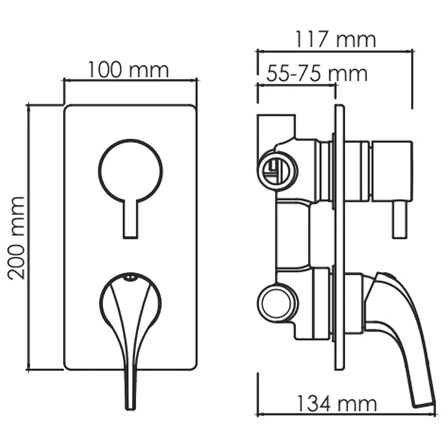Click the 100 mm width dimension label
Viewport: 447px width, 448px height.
[128, 69]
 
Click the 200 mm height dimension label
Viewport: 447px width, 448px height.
[17, 237]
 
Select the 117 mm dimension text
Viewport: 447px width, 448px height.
[334, 39]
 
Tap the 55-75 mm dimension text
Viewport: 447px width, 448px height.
[316, 73]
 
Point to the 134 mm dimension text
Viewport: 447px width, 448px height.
[337, 404]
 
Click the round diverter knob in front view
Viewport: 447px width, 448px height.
[131, 170]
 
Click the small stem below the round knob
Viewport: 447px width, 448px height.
[131, 218]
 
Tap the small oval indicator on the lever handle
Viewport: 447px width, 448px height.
[130, 276]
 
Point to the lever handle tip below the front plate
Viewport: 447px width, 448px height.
[131, 405]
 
